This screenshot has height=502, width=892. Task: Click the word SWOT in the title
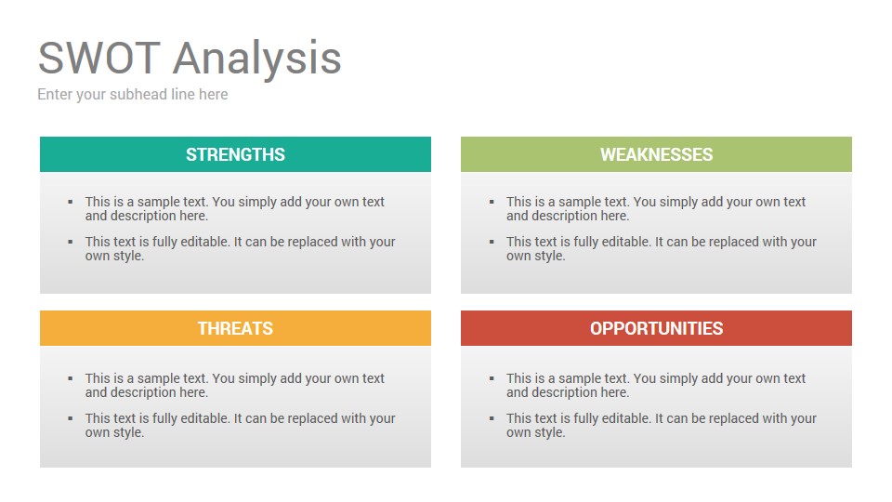(x=99, y=58)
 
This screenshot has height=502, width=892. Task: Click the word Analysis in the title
(x=257, y=59)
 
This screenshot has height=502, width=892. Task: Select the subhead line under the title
(x=133, y=95)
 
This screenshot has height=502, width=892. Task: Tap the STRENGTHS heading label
(x=235, y=154)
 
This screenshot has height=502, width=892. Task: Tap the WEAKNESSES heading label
(x=657, y=154)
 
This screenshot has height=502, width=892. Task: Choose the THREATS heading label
(x=235, y=328)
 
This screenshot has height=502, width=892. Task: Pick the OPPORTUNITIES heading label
(x=657, y=328)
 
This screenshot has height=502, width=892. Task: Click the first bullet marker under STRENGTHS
(x=71, y=202)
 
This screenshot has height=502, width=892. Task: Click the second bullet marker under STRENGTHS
(x=71, y=242)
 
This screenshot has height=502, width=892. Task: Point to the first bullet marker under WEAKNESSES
(x=492, y=202)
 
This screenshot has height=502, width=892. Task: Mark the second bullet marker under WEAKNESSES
(x=492, y=242)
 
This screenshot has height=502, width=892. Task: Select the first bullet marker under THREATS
(x=71, y=378)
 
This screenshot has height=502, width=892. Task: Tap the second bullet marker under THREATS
(x=71, y=418)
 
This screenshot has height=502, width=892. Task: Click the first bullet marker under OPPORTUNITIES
(x=492, y=378)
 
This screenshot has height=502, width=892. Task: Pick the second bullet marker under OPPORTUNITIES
(x=492, y=418)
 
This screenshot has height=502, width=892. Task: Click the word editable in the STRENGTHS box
(x=205, y=242)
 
